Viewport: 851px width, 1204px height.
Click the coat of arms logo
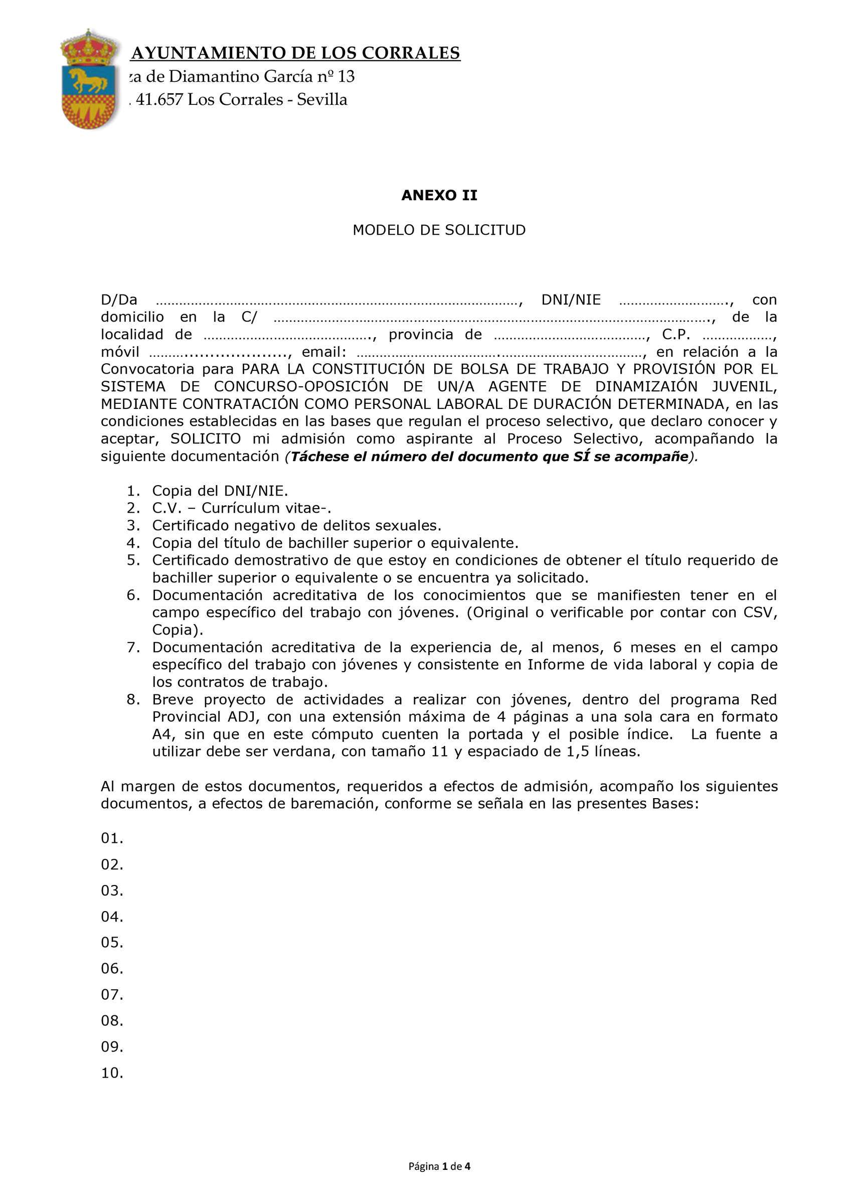click(x=89, y=80)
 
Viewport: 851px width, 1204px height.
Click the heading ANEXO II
click(x=439, y=196)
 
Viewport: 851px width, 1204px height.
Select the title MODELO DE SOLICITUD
click(x=439, y=230)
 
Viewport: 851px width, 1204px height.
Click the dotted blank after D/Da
click(x=337, y=301)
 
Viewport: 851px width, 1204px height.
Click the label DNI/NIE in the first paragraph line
click(x=571, y=300)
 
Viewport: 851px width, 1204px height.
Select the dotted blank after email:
click(x=498, y=353)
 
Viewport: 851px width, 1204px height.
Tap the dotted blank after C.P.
click(x=737, y=336)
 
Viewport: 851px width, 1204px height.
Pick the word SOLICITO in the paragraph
click(x=206, y=439)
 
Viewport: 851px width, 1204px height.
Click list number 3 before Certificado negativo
click(x=133, y=525)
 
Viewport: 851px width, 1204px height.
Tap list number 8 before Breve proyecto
click(x=133, y=699)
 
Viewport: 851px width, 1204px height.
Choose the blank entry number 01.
click(x=112, y=838)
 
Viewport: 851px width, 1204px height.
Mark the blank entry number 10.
click(x=112, y=1073)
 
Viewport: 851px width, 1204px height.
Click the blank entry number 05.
click(x=112, y=942)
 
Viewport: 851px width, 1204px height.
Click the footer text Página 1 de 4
click(x=439, y=1166)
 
